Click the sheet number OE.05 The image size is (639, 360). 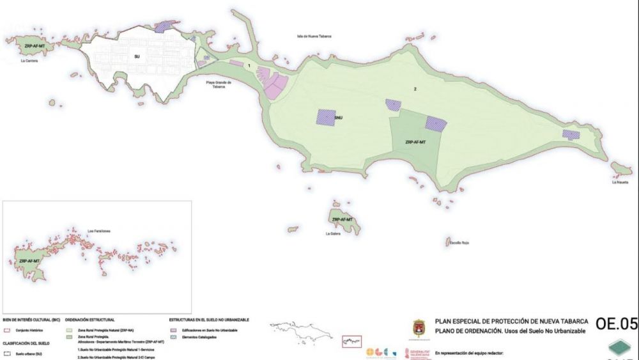click(x=617, y=324)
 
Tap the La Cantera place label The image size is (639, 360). click(x=29, y=61)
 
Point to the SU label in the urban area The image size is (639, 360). click(x=137, y=57)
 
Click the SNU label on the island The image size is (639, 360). click(x=338, y=117)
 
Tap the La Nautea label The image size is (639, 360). click(x=620, y=182)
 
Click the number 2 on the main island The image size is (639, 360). click(x=415, y=89)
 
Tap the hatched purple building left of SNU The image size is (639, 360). click(x=325, y=117)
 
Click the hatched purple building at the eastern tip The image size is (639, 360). click(x=571, y=135)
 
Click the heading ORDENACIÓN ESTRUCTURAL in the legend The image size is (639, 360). click(x=89, y=319)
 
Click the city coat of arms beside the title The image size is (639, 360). click(x=419, y=328)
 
